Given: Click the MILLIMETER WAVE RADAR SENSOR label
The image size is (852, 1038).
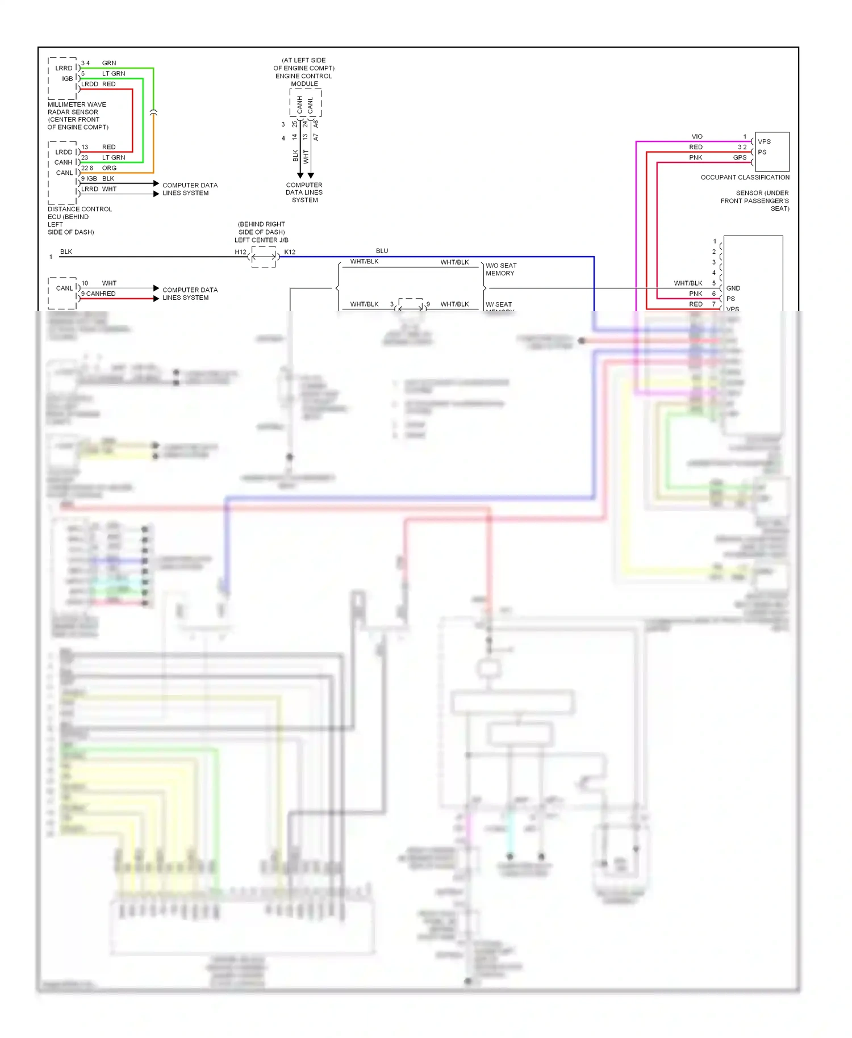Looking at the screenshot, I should coord(77,108).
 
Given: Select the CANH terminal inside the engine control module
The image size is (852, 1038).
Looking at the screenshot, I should coord(300,104).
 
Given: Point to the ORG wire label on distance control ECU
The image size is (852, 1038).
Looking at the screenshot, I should coord(109,168).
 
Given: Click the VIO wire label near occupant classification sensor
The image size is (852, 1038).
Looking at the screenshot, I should coord(697,137).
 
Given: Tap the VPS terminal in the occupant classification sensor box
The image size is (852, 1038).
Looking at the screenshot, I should coord(764,142).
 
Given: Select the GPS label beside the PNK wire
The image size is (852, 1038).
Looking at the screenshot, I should coord(740,158).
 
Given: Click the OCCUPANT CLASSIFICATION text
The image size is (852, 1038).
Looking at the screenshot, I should coord(745,178).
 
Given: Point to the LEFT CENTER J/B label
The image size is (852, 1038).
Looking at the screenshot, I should coord(261,240).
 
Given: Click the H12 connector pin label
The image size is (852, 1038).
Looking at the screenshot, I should coord(241,252).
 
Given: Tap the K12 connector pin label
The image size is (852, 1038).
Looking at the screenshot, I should coord(290,252).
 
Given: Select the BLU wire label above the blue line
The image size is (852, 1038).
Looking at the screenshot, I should coord(382,251).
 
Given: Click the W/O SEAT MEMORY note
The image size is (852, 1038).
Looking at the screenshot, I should coord(500,270).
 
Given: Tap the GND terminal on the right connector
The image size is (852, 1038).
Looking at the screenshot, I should coord(733,288).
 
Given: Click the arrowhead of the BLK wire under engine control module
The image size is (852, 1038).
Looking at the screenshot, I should coord(300,175).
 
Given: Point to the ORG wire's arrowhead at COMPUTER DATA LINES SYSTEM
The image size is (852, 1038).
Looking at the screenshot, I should coord(156,183).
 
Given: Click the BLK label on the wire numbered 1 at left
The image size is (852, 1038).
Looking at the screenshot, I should coord(66,252).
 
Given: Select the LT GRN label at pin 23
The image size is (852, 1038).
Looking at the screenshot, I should coord(114,158).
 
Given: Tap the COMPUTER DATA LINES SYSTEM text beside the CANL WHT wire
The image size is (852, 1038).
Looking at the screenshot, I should coord(190,294).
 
